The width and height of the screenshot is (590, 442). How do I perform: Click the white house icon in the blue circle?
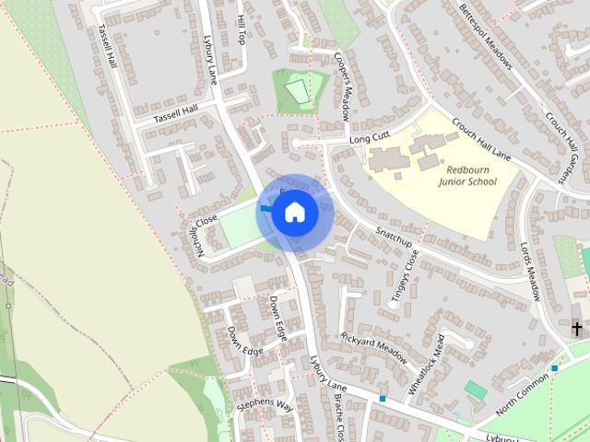(294, 212)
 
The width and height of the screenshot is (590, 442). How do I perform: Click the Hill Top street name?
(242, 33)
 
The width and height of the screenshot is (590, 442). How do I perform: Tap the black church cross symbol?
(577, 328)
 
